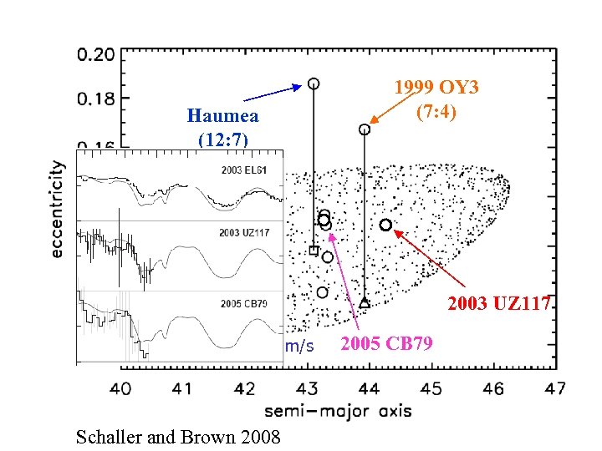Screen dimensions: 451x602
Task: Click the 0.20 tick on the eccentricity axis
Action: pos(95,55)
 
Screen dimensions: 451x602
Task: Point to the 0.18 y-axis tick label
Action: pos(95,99)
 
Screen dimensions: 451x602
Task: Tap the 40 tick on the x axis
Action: pos(120,388)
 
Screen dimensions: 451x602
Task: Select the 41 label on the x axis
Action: pos(182,388)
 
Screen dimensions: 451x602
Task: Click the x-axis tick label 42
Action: pos(245,388)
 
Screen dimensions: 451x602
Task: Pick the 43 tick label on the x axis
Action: pos(308,388)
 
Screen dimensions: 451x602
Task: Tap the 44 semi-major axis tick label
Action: pos(370,388)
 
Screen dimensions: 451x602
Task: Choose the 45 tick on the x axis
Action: pos(431,388)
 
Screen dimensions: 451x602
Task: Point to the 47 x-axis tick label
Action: pos(555,388)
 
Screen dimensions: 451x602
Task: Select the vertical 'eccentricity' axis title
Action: pos(58,209)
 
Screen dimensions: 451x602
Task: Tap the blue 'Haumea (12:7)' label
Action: pos(223,127)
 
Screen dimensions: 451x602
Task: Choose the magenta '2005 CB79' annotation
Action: pos(387,343)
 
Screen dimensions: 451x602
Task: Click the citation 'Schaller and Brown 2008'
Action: pos(178,436)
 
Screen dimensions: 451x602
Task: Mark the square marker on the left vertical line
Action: pos(314,250)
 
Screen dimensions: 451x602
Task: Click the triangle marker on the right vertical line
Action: pos(365,303)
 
